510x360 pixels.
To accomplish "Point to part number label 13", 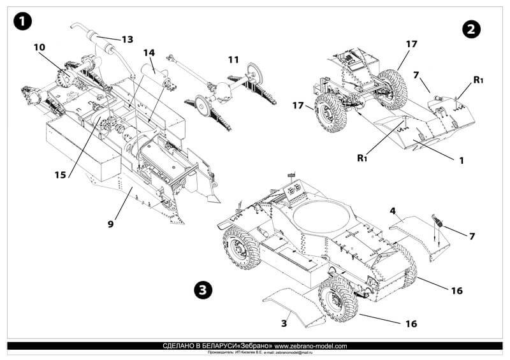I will pyautogui.click(x=127, y=40).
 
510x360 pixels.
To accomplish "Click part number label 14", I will pyautogui.click(x=149, y=52).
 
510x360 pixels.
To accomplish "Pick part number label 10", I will pyautogui.click(x=40, y=48).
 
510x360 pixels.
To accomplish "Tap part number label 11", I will pyautogui.click(x=233, y=60).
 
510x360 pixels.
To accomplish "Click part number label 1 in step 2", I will pyautogui.click(x=461, y=161).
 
